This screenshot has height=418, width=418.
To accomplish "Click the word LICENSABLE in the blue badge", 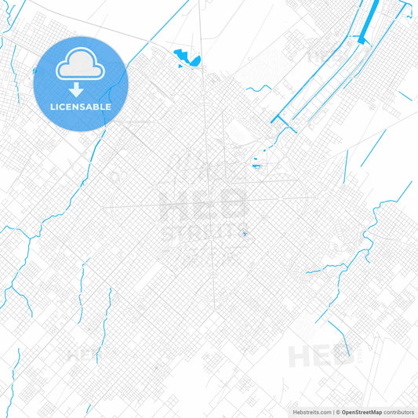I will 80,106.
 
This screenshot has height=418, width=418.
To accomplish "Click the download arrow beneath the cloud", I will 80,89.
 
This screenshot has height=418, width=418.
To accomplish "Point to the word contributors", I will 398,411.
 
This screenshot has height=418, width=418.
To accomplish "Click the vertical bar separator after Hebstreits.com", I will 331,411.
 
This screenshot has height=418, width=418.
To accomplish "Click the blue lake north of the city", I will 187,56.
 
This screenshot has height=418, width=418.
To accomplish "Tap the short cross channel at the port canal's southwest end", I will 279,120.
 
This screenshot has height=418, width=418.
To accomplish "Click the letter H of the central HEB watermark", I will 174,205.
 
